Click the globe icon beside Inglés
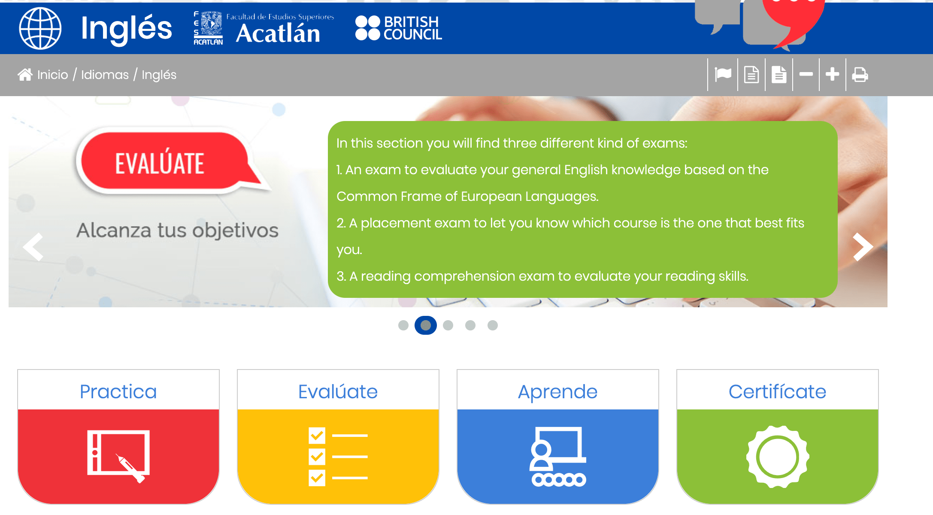coord(40,28)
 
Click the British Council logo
coord(399,28)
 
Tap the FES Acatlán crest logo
coord(208,28)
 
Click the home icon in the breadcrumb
coord(25,75)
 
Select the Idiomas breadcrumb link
coord(105,75)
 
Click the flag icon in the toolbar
coord(723,74)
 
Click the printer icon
coord(860,75)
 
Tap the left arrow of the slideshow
coord(33,247)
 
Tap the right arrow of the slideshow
coord(863,247)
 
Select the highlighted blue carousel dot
coord(426,325)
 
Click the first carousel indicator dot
coord(403,325)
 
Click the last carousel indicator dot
coord(493,325)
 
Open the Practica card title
coord(118,391)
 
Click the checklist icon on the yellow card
coord(338,457)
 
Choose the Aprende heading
coord(558,391)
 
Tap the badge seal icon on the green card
coord(778,457)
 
